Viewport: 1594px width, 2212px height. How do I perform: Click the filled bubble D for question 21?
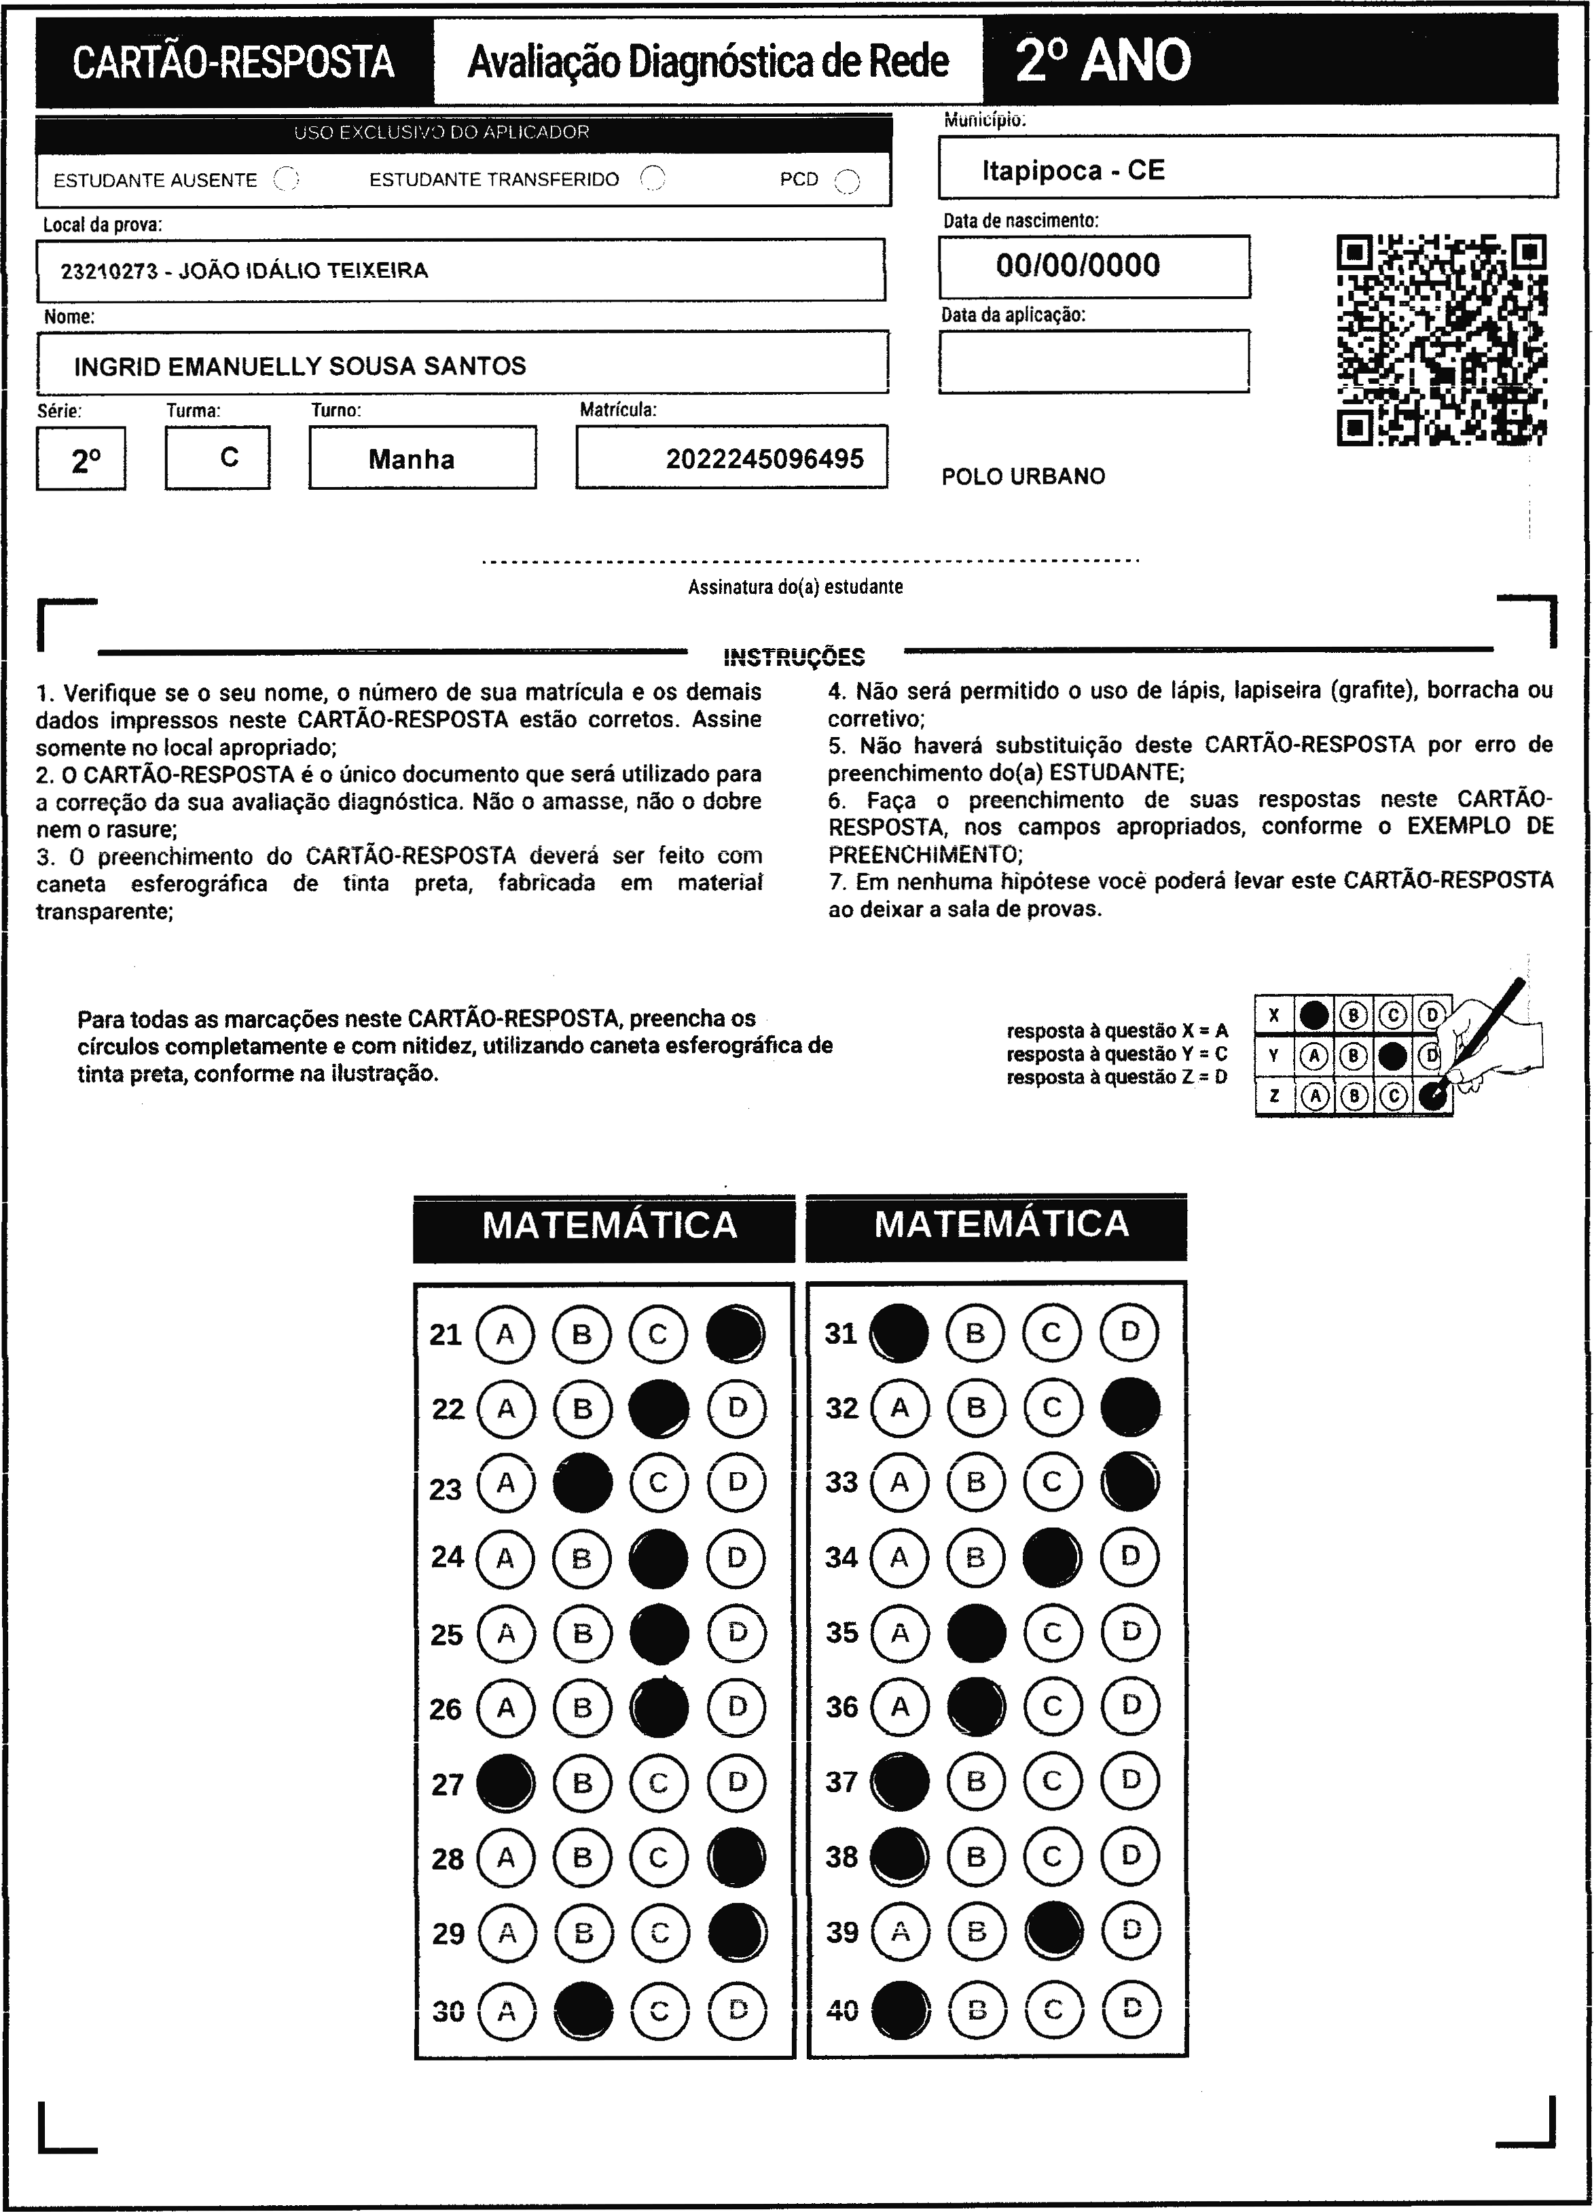pos(735,1334)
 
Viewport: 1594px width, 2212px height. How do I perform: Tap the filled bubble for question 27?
pos(505,1783)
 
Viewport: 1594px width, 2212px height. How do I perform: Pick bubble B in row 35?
pos(976,1633)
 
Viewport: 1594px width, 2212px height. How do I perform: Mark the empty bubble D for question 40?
pos(1131,2008)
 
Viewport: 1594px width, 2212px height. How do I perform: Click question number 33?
pos(841,1482)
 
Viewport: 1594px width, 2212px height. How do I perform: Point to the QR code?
pos(1441,340)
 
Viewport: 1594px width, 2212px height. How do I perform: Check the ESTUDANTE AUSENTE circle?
pos(287,179)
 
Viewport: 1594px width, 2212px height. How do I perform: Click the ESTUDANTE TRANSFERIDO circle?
pos(652,179)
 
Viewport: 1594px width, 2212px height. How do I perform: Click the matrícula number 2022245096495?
pos(764,459)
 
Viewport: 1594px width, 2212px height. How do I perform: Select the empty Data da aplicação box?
pos(1094,361)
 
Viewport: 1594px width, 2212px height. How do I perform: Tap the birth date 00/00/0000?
pos(1079,265)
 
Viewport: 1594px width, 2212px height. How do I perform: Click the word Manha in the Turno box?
pos(412,459)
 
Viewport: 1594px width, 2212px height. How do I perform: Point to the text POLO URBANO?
pos(1024,477)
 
